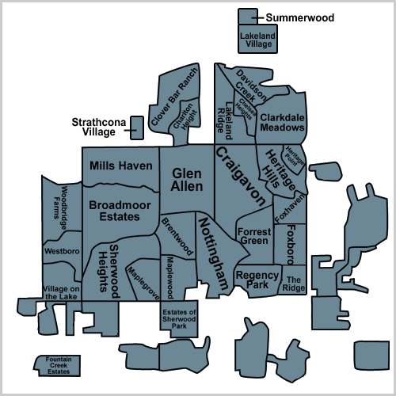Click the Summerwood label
point(300,17)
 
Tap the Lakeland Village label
point(258,40)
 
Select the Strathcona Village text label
point(99,127)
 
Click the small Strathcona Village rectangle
point(137,128)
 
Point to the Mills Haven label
point(121,166)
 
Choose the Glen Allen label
point(187,180)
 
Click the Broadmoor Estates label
point(120,211)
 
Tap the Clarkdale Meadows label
point(282,123)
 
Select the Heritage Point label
point(294,156)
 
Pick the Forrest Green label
point(254,236)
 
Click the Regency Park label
point(257,280)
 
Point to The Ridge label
point(294,284)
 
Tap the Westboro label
point(62,251)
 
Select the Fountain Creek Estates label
point(59,365)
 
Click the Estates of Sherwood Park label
point(179,319)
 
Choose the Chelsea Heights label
point(246,109)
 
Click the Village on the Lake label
point(61,293)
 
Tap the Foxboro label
point(291,245)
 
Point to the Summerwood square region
point(248,17)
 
